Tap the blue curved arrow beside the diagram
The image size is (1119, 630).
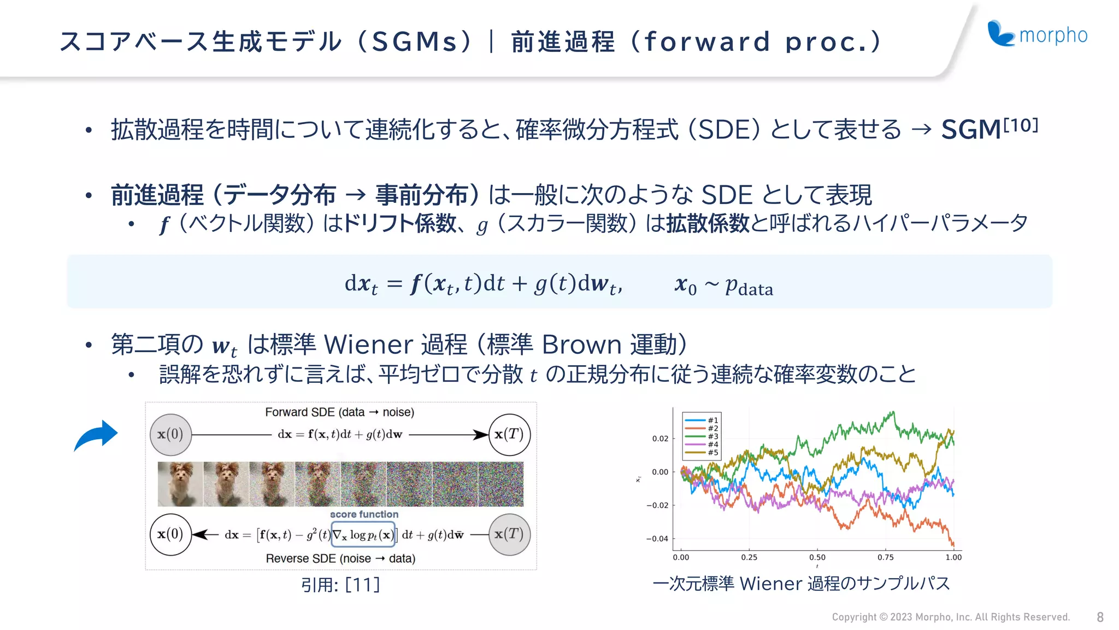tap(97, 435)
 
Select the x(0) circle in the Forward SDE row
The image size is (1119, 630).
tap(170, 435)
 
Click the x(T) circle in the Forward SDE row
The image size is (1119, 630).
tap(509, 435)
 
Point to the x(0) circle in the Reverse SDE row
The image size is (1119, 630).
tap(170, 534)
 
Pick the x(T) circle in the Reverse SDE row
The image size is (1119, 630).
tap(509, 534)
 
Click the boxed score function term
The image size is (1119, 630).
tap(363, 535)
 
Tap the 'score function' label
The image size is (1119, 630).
tap(364, 514)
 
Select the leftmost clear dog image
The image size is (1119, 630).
tap(180, 484)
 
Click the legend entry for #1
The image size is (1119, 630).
tap(702, 420)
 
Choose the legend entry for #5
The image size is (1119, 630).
tap(702, 452)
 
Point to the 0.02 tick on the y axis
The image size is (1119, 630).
tap(660, 439)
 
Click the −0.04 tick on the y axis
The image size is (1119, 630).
tap(657, 539)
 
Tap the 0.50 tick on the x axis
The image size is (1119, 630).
tap(817, 557)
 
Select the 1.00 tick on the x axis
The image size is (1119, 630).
tap(953, 557)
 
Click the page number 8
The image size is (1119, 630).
tap(1100, 617)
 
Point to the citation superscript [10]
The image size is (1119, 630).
tap(1021, 125)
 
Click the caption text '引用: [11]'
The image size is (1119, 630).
tap(340, 585)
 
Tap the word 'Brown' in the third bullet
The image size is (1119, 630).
tap(581, 345)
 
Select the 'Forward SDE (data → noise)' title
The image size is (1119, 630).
tap(339, 412)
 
